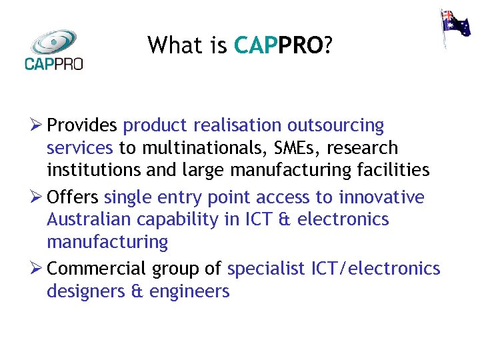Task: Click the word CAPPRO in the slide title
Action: click(279, 45)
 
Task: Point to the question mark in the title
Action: click(328, 45)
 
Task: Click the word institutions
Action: click(94, 170)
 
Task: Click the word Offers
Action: click(73, 197)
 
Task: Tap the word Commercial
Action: click(96, 269)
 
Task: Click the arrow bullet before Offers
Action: click(36, 197)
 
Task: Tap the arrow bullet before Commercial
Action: click(36, 269)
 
